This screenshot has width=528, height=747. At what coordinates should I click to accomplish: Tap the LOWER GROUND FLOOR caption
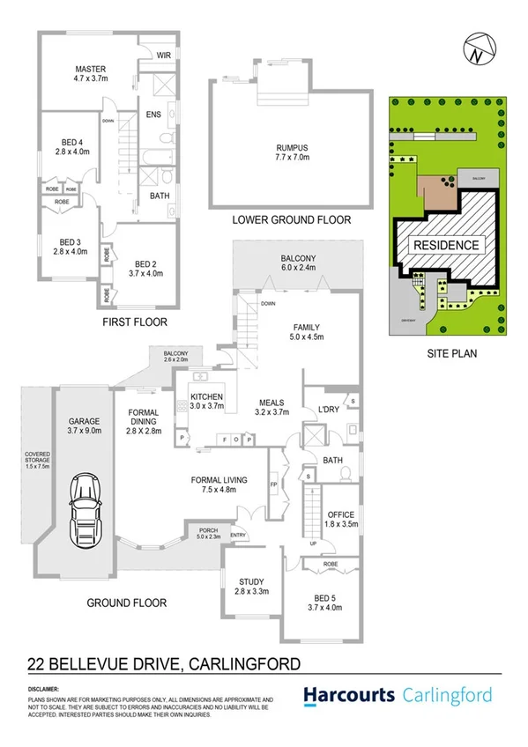click(290, 219)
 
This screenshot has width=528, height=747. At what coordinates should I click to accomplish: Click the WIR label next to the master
click(164, 55)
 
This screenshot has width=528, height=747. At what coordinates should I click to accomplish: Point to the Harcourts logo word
click(350, 695)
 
